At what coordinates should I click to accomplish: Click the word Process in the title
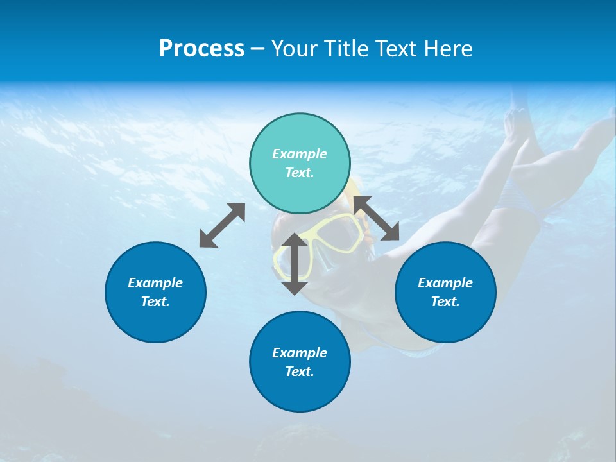pyautogui.click(x=201, y=49)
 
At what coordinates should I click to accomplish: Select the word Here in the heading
pyautogui.click(x=449, y=49)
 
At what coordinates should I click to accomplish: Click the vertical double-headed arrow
pyautogui.click(x=295, y=264)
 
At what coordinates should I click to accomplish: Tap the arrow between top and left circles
pyautogui.click(x=222, y=225)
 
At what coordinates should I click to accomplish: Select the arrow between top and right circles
pyautogui.click(x=377, y=218)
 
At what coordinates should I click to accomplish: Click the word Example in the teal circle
pyautogui.click(x=300, y=154)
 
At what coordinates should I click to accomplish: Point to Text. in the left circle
pyautogui.click(x=155, y=302)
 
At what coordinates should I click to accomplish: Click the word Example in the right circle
pyautogui.click(x=445, y=283)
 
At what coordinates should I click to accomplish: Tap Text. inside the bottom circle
pyautogui.click(x=300, y=372)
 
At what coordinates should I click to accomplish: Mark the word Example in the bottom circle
pyautogui.click(x=300, y=353)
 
